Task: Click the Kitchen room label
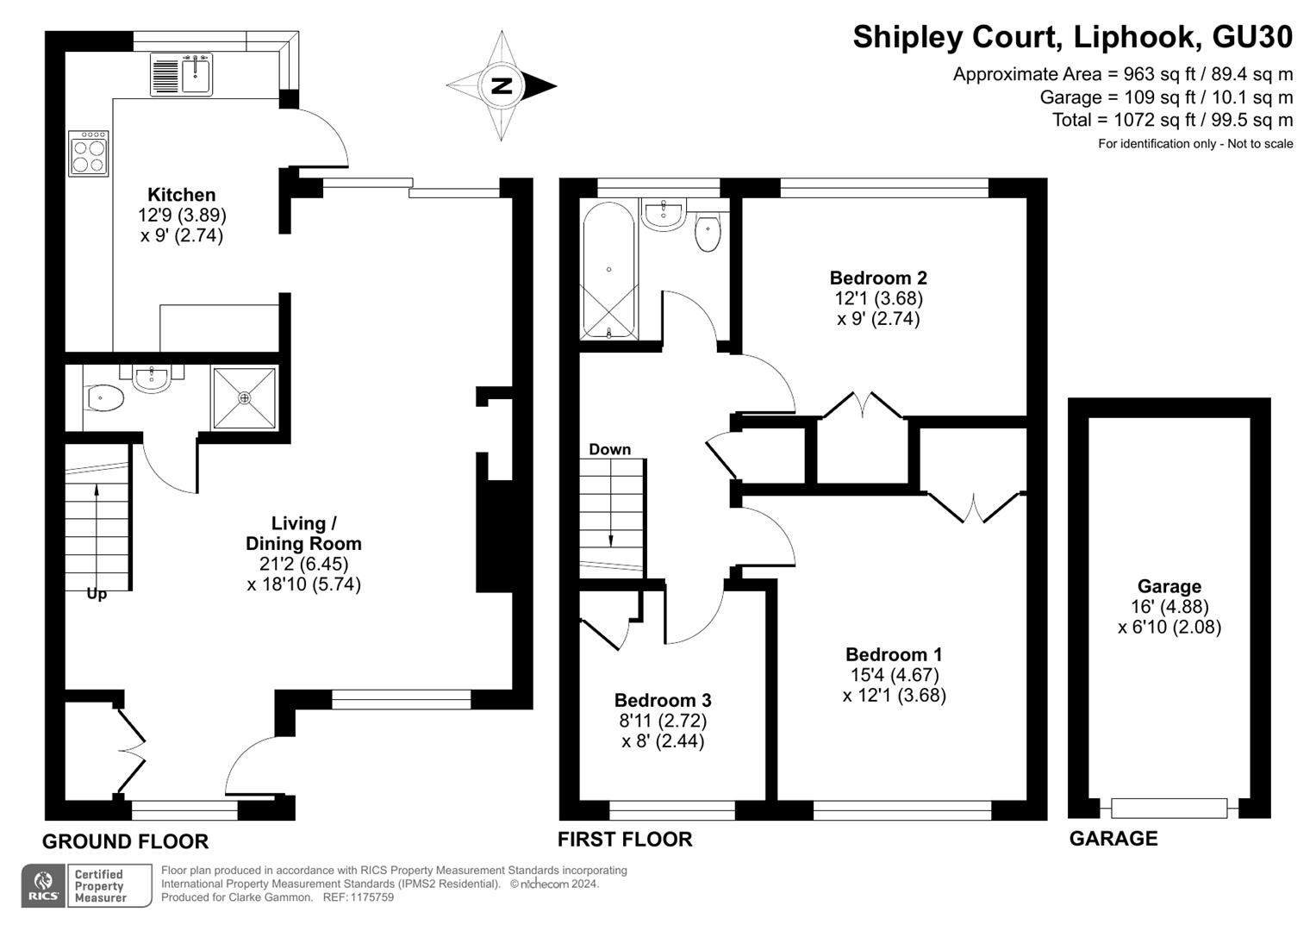coord(182,195)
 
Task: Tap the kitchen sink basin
coord(196,75)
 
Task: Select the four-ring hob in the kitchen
coord(89,153)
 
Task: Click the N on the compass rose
coord(501,86)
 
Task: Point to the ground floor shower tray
coord(244,398)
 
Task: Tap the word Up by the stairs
coord(97,594)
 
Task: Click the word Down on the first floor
coord(610,450)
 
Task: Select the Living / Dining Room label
coord(303,533)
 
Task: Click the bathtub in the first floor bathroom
coord(608,271)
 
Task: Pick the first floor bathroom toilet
coord(708,229)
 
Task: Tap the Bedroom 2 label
coord(878,278)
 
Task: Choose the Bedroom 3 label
coord(663,700)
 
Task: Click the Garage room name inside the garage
coord(1169,586)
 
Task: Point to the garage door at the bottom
coord(1169,809)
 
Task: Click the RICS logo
coord(43,885)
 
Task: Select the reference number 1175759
coord(372,897)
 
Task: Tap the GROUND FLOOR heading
coord(126,841)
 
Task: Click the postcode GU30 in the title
coord(1252,37)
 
